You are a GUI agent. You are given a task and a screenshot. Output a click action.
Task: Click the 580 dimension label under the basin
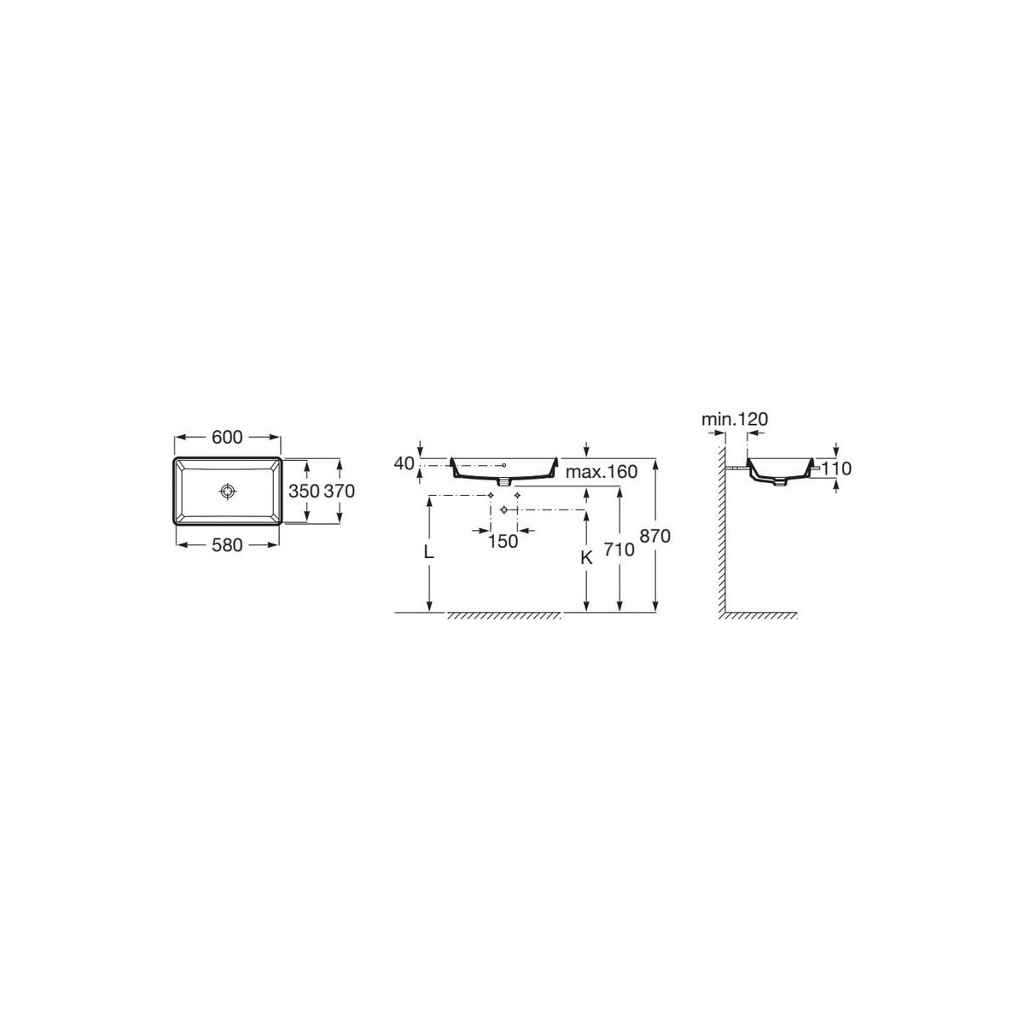tap(227, 544)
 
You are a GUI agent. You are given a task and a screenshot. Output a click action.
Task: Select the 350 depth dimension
tap(304, 491)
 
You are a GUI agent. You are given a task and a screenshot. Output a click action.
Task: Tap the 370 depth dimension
tap(339, 491)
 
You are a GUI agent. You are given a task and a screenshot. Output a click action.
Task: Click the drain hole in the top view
tap(228, 492)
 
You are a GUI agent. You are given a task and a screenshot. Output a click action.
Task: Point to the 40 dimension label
tap(404, 463)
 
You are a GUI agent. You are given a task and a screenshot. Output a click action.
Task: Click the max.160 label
tap(602, 471)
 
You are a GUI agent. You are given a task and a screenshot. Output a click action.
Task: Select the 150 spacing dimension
tap(503, 542)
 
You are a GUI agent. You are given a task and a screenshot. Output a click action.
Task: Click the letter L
tap(429, 553)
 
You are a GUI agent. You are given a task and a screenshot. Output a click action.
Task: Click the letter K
tap(586, 557)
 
